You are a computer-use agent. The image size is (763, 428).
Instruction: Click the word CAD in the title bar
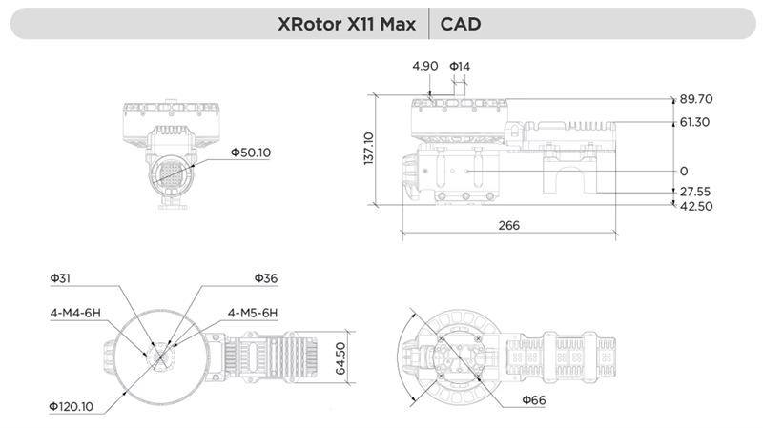pos(461,24)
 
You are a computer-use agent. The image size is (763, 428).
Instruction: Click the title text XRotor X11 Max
pos(346,24)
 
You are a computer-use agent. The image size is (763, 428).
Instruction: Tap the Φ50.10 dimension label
pos(251,153)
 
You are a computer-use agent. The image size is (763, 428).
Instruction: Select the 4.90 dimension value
pos(424,66)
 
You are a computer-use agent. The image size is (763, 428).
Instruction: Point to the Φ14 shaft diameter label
pos(460,66)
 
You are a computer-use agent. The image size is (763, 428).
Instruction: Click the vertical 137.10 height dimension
pos(368,149)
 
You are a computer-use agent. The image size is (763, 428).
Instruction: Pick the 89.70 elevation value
pos(696,99)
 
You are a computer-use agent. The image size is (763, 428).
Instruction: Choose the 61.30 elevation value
pos(694,122)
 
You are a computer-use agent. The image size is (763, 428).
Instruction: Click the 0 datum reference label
pos(684,171)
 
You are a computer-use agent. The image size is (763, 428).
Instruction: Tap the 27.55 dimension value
pos(695,192)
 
